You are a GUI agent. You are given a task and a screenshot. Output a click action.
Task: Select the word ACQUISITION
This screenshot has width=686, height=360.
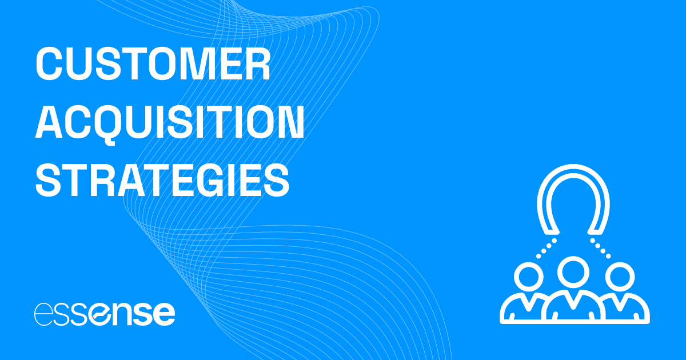[x=170, y=122]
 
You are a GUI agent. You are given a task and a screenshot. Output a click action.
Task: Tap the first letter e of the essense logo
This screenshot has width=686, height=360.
[x=43, y=313]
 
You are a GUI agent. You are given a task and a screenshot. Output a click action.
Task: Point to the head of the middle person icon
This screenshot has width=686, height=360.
[x=574, y=272]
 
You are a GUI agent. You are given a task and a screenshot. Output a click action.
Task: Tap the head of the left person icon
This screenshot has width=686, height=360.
[x=530, y=278]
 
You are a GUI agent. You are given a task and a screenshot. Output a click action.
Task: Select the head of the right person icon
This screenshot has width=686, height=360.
[x=619, y=278]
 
